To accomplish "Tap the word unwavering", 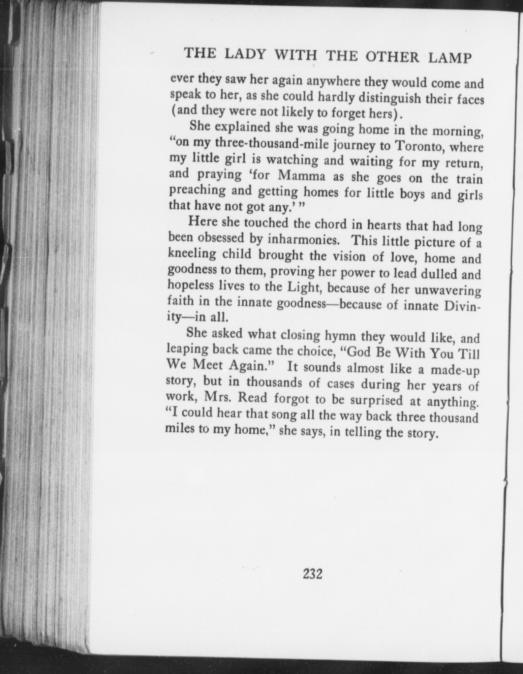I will pos(447,290).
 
